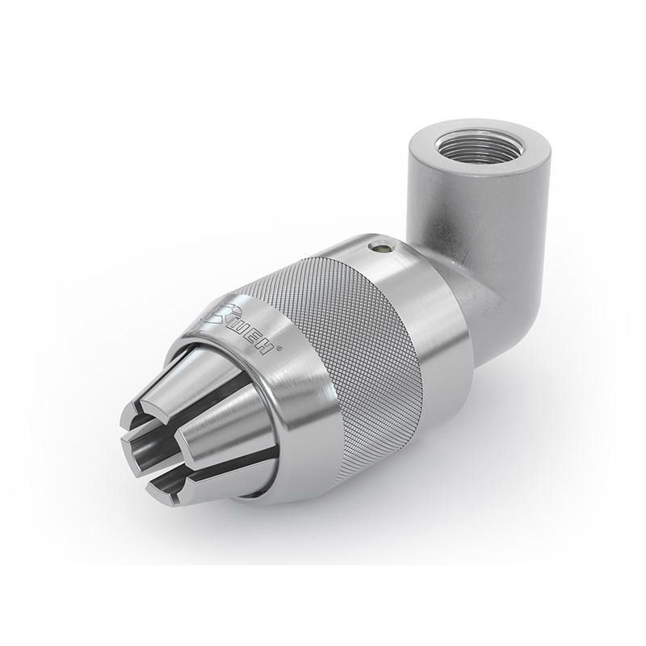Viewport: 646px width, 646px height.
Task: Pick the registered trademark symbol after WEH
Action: [280, 349]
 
